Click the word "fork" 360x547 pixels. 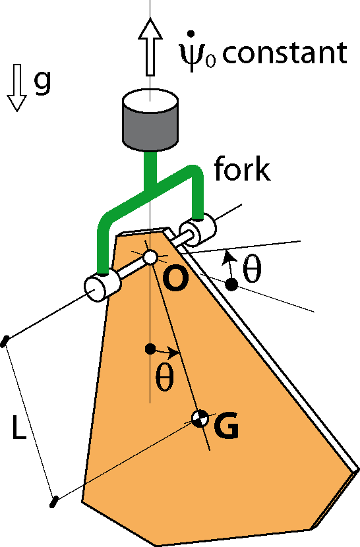(242, 169)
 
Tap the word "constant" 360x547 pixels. (285, 53)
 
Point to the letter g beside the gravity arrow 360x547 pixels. (42, 82)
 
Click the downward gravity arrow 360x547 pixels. (16, 88)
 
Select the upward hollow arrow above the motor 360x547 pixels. (150, 47)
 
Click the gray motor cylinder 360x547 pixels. (150, 121)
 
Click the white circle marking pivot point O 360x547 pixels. (150, 258)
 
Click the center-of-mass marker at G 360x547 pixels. (200, 418)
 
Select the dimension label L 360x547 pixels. (19, 426)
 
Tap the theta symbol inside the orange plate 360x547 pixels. (164, 377)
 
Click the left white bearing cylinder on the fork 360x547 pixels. (103, 287)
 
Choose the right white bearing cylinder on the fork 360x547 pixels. (197, 229)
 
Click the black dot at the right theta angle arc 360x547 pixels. (231, 285)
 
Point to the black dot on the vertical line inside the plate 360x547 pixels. (150, 349)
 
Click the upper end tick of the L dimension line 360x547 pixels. (5, 341)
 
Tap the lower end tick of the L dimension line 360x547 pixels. (53, 502)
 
